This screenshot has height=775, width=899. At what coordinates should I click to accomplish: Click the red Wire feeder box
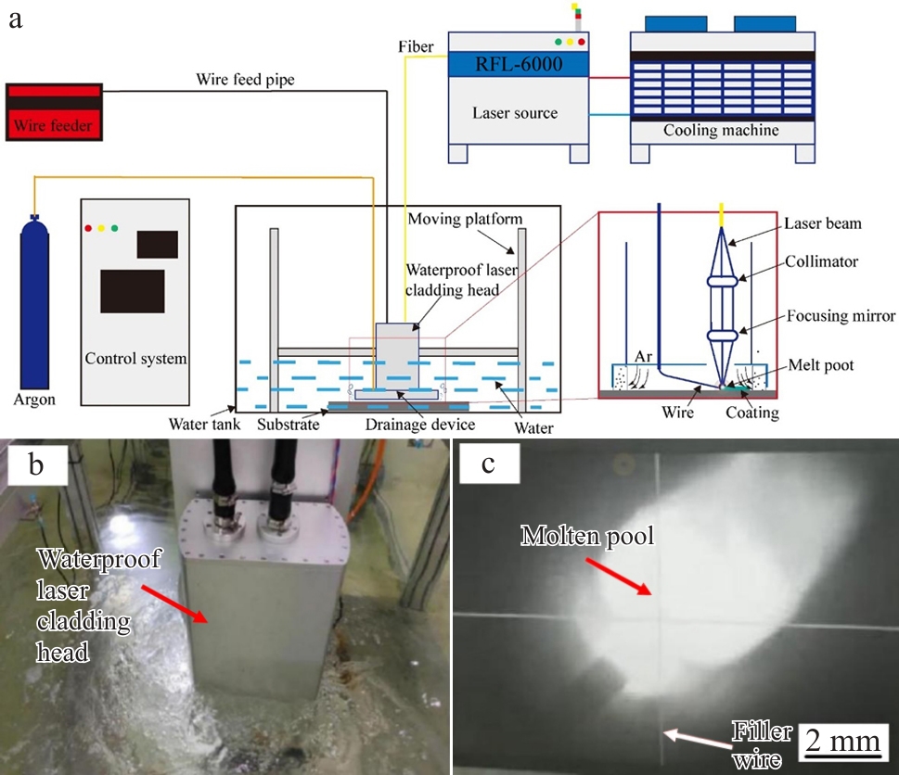coord(53,111)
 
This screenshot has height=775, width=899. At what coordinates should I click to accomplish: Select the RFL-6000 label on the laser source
coord(519,64)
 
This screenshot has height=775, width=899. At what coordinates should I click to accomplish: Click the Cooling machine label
coord(721,131)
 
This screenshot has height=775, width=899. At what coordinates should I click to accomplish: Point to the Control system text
coord(135,358)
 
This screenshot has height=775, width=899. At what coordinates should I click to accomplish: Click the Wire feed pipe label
coord(245,80)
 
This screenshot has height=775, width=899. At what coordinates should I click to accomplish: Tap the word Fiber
coord(415,46)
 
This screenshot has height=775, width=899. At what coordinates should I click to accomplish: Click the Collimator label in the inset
coord(821,261)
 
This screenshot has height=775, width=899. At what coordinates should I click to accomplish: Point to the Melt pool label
coord(817,365)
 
